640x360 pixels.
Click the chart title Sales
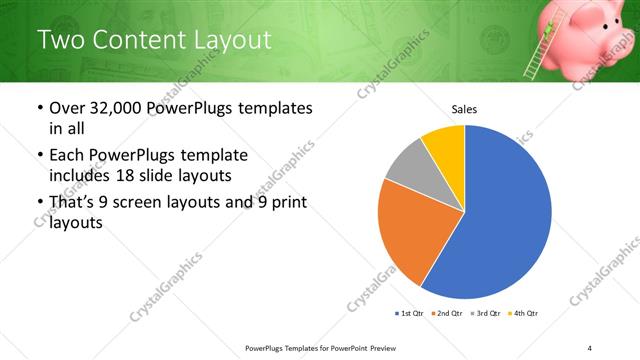coord(464,108)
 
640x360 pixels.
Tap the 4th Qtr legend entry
coord(526,313)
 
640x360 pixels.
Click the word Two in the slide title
coord(60,40)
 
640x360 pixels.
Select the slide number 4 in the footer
coord(590,347)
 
